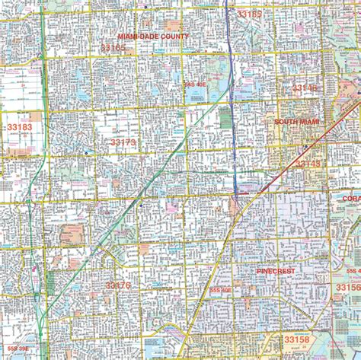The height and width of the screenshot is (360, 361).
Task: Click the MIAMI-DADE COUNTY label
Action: [153, 37]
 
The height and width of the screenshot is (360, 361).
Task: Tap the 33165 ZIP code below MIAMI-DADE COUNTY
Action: [113, 47]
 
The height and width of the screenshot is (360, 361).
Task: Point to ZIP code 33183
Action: [19, 127]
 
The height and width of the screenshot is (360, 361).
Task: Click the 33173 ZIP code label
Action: [123, 142]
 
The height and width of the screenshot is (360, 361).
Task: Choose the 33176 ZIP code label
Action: [118, 285]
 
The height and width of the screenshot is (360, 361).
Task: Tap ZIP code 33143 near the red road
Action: [308, 163]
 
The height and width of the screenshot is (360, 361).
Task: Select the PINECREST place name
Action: [280, 270]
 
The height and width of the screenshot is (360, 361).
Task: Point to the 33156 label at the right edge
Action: [348, 288]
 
